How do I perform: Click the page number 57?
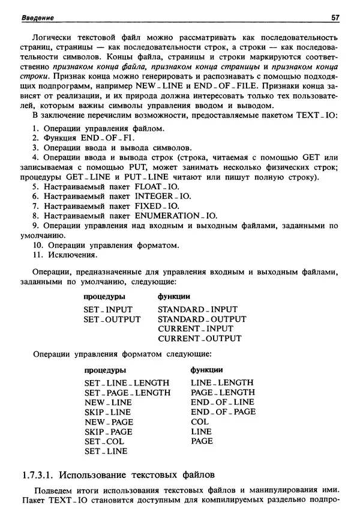click(x=335, y=17)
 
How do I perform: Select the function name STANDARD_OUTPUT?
click(x=202, y=319)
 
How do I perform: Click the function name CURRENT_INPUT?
click(x=195, y=328)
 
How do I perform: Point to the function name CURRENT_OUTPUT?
click(x=199, y=338)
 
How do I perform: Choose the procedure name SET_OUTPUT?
click(x=112, y=319)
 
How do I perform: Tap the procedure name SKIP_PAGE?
click(x=108, y=431)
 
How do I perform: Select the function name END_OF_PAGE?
click(x=223, y=411)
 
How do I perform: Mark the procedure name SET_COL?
click(x=104, y=441)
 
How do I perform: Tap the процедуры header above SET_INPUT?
click(x=104, y=297)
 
